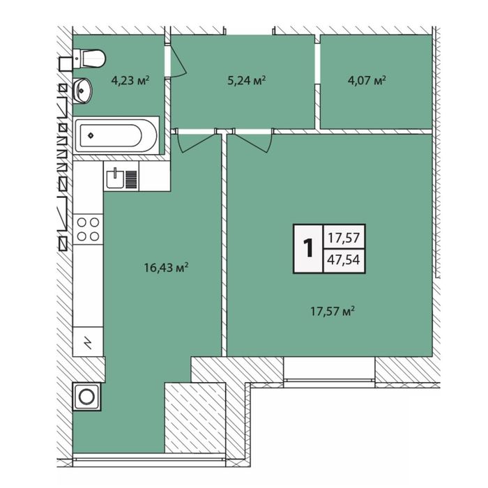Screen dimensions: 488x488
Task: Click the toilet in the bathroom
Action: (x=89, y=58)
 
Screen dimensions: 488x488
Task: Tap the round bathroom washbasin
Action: (x=82, y=91)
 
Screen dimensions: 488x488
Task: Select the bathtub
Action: (x=116, y=135)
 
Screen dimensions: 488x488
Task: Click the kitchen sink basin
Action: (x=115, y=179)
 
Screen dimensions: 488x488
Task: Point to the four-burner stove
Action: (x=88, y=229)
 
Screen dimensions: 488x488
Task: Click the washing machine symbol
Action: (x=87, y=397)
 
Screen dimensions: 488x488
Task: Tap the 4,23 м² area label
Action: (x=130, y=81)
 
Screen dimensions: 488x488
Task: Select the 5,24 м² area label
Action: (x=247, y=81)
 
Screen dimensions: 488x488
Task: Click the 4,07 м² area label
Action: (x=367, y=81)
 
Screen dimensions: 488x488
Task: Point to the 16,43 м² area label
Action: (x=166, y=267)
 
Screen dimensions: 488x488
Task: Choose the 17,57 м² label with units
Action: (x=333, y=311)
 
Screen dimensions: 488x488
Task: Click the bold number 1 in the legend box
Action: (x=309, y=248)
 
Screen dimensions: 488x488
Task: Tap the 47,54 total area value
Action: (x=344, y=259)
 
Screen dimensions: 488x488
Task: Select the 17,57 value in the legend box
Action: (x=344, y=238)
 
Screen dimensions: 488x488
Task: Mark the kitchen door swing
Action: (x=197, y=142)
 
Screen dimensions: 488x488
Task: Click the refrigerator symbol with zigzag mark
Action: (x=88, y=342)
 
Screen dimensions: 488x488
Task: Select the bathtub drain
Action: (x=91, y=135)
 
